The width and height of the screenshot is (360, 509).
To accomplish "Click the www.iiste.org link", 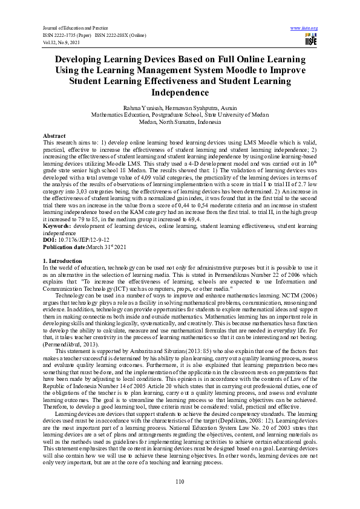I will click(x=304, y=28).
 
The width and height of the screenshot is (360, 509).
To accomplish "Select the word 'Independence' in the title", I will click(x=180, y=92).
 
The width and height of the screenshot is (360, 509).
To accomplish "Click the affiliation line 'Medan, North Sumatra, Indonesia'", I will click(x=180, y=121).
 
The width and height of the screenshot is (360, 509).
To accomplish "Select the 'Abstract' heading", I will click(x=54, y=136).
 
